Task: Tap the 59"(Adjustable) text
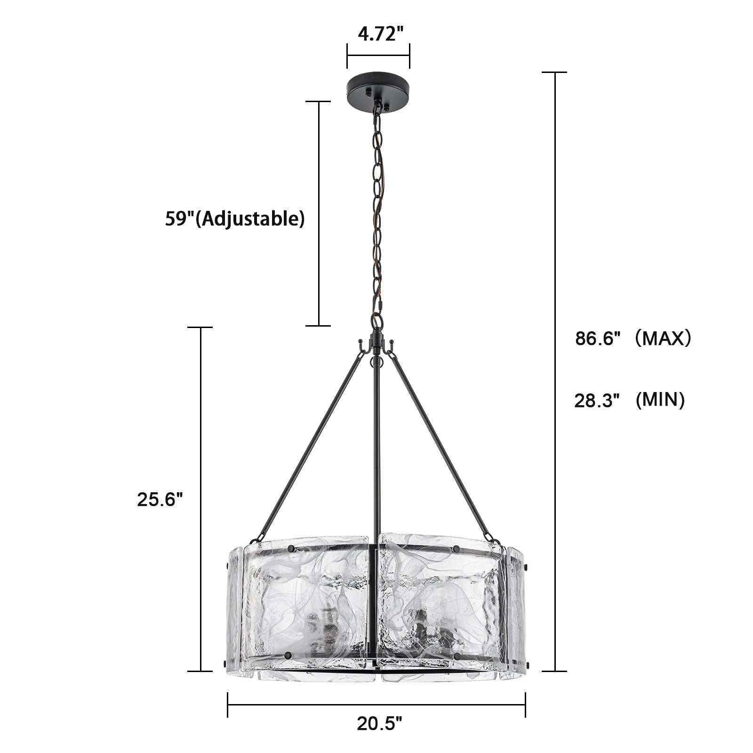235,219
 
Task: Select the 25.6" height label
160,499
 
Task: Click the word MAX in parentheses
663,338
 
